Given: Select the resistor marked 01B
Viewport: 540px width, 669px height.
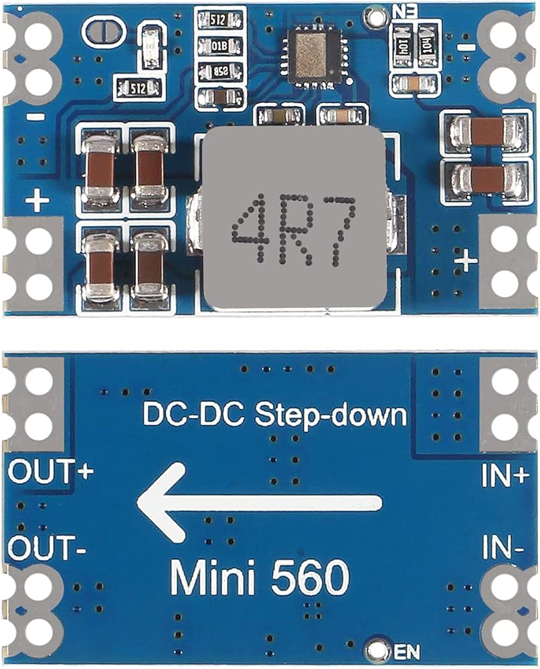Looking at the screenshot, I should pos(217,46).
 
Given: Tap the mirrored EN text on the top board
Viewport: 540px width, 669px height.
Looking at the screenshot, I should pos(403,12).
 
